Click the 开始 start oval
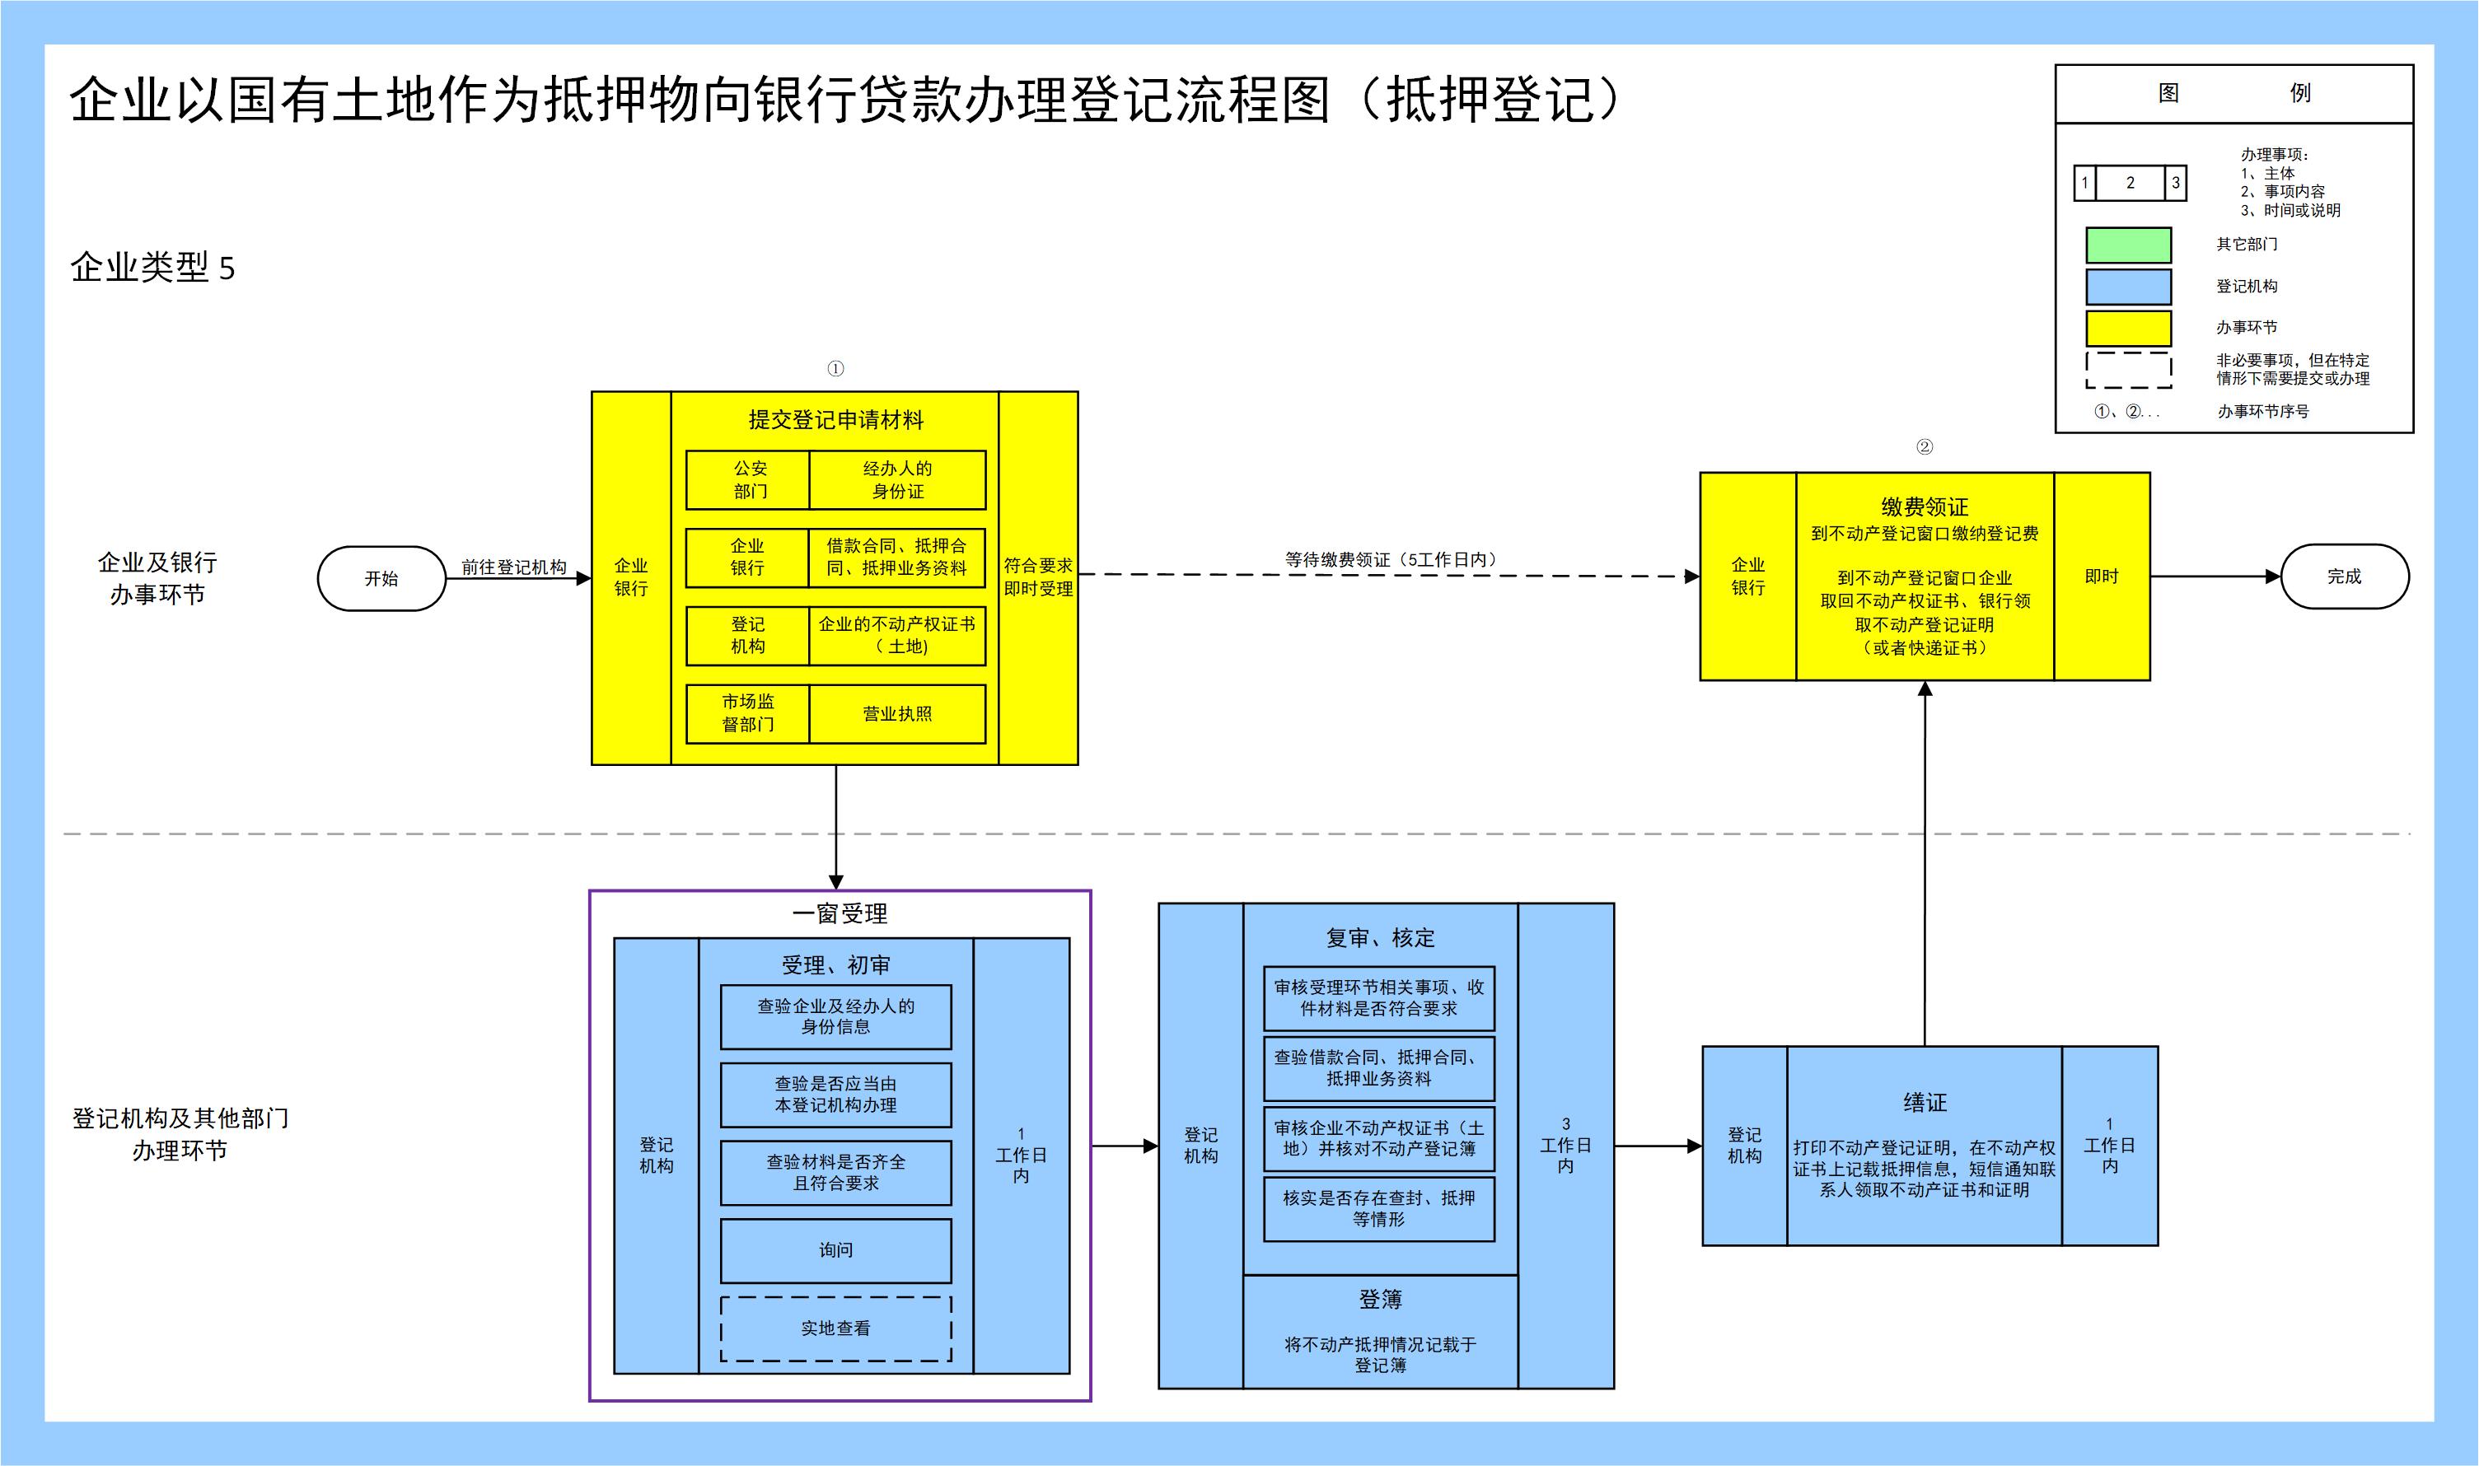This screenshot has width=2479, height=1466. click(x=381, y=579)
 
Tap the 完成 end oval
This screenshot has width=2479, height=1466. click(x=2344, y=577)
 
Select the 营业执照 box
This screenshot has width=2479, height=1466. click(x=897, y=713)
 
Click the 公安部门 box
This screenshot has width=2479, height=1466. click(x=749, y=480)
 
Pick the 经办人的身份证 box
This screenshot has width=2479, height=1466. click(x=897, y=480)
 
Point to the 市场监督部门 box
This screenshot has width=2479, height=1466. click(x=748, y=713)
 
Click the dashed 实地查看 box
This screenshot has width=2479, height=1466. click(x=836, y=1328)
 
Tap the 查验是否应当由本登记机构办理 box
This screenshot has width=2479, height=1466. click(x=836, y=1095)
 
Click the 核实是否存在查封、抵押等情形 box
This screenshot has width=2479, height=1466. click(x=1378, y=1208)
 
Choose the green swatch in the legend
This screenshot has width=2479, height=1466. click(x=2128, y=245)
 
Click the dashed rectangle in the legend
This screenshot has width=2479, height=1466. click(x=2128, y=371)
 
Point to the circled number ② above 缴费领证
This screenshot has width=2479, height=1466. click(x=1924, y=446)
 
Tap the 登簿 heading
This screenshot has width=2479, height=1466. click(x=1379, y=1300)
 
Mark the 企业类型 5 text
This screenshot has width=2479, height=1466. click(x=152, y=268)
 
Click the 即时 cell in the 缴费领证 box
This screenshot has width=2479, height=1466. click(x=2102, y=577)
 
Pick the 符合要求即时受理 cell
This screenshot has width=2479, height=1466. click(x=1037, y=577)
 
